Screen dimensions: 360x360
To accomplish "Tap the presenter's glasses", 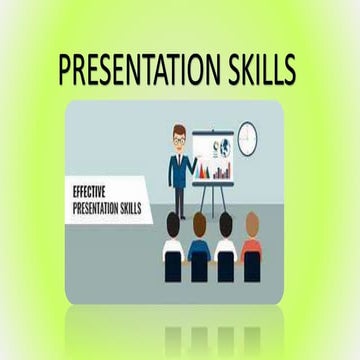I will (x=179, y=140).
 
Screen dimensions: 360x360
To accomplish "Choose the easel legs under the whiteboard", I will (x=212, y=200).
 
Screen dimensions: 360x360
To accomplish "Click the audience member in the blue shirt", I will (x=200, y=248).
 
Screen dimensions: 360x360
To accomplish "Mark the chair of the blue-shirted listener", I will (x=200, y=270).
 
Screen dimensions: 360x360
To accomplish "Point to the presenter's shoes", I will (x=180, y=218).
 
